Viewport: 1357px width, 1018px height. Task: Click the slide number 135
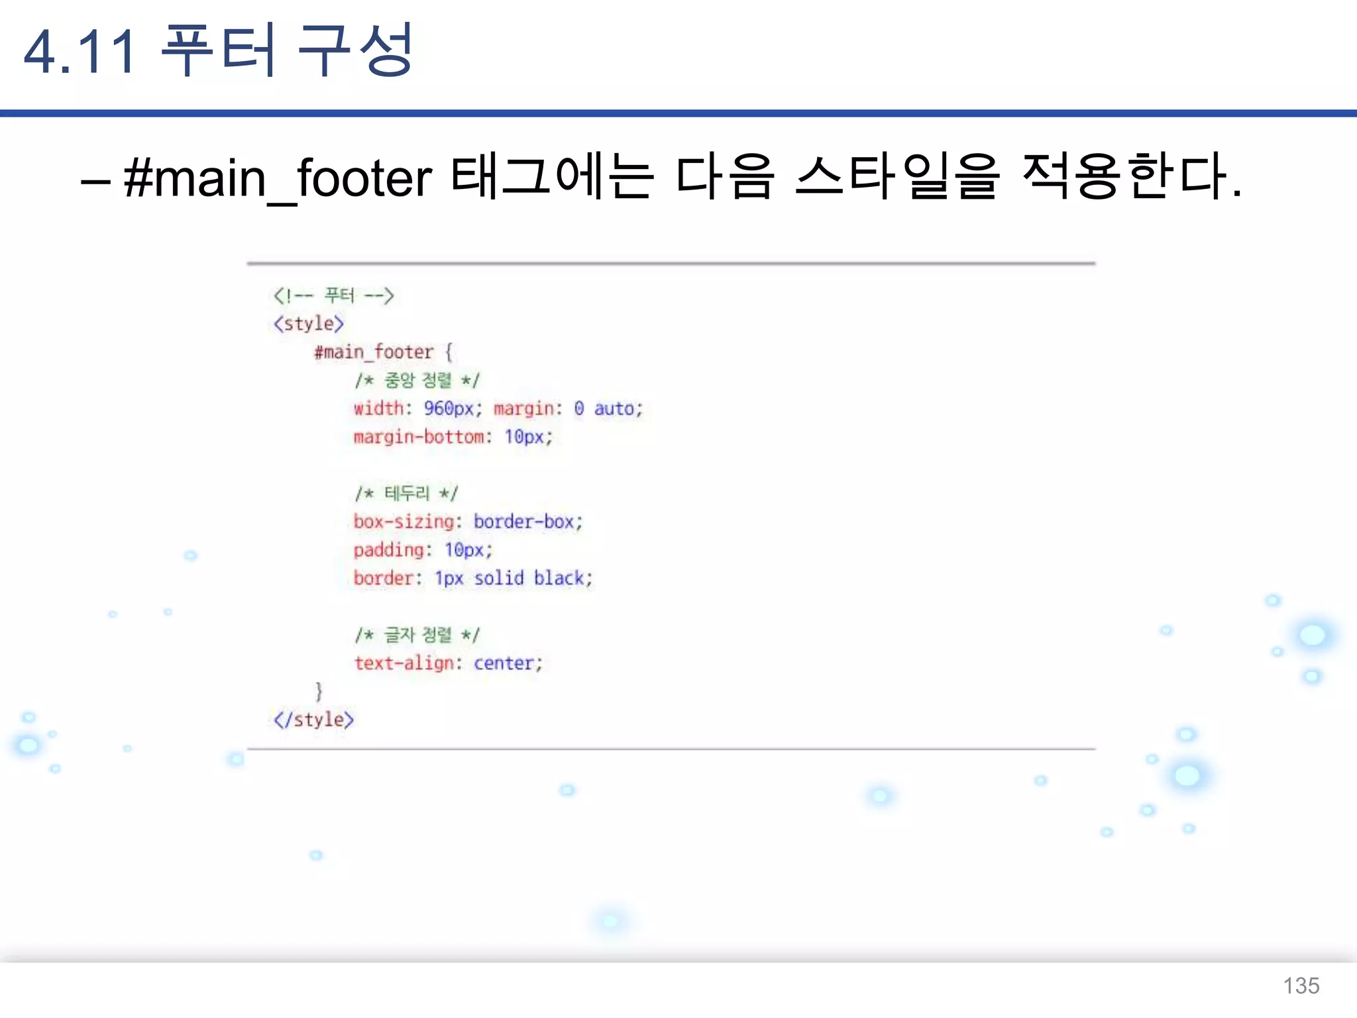pos(1301,986)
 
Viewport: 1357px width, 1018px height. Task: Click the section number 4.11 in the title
pos(80,52)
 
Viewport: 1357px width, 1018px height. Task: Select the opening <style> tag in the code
pos(309,323)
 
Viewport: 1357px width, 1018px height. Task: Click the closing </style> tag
pos(313,720)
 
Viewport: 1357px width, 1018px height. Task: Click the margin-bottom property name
pos(419,437)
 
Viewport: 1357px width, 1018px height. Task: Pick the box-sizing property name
pos(404,522)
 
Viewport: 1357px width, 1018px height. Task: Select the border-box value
pos(523,522)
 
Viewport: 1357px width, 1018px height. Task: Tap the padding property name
pos(388,550)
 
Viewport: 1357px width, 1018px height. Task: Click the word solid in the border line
pos(498,579)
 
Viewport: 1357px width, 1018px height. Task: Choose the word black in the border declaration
pos(559,579)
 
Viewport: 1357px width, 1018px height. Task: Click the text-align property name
pos(404,663)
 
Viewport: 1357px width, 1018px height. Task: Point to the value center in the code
pos(504,663)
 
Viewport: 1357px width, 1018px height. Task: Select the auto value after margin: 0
pos(614,409)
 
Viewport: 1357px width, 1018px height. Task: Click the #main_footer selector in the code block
pos(374,352)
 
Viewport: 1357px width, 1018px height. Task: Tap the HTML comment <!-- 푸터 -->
pos(333,296)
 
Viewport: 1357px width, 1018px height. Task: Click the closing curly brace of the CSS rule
pos(319,691)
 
